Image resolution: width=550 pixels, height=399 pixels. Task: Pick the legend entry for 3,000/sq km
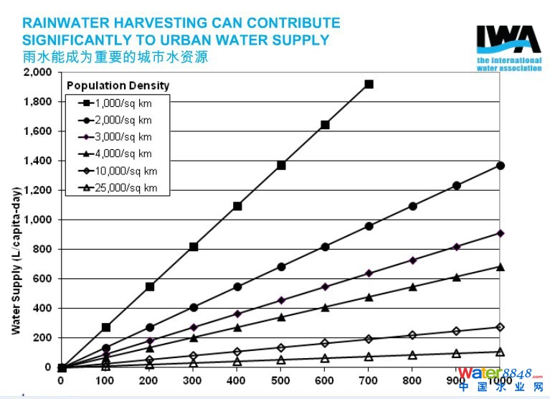coord(123,136)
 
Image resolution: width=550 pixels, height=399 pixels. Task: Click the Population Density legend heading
coord(119,85)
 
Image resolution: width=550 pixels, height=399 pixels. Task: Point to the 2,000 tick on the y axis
coord(37,72)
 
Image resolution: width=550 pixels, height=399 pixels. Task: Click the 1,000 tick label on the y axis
coord(37,220)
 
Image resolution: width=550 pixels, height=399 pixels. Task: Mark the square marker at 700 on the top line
coord(369,84)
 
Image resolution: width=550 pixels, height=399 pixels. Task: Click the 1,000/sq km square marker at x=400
coord(237,206)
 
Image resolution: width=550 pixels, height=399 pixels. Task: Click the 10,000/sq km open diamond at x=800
coord(412,335)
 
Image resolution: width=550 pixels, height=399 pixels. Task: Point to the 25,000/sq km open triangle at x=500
coord(281,360)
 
